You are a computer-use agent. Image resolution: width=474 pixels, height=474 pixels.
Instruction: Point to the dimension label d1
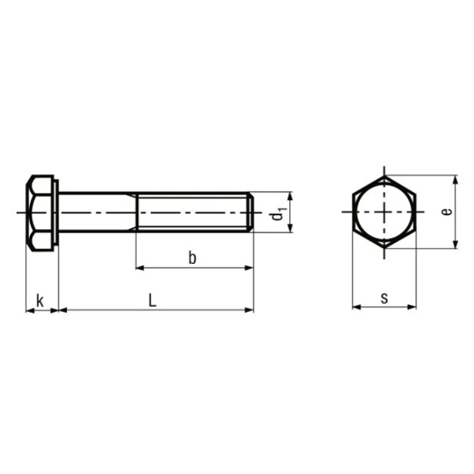(x=277, y=213)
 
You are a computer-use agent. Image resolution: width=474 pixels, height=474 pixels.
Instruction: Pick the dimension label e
(x=446, y=212)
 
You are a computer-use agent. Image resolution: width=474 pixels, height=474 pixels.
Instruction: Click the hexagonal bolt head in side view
(x=39, y=212)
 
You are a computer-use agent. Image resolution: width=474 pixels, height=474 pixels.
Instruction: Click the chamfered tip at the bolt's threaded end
(x=251, y=212)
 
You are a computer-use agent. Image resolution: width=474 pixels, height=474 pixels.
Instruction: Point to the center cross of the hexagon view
(x=384, y=212)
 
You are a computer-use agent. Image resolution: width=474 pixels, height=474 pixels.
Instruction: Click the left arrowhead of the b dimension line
(x=141, y=269)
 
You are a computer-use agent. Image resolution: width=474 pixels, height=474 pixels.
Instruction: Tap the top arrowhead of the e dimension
(x=456, y=179)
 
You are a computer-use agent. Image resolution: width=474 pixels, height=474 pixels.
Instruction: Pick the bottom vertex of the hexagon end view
(x=384, y=249)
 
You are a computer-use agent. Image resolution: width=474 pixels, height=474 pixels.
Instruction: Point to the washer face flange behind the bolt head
(x=56, y=212)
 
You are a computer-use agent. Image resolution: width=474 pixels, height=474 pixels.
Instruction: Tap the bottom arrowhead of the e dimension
(x=456, y=245)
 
